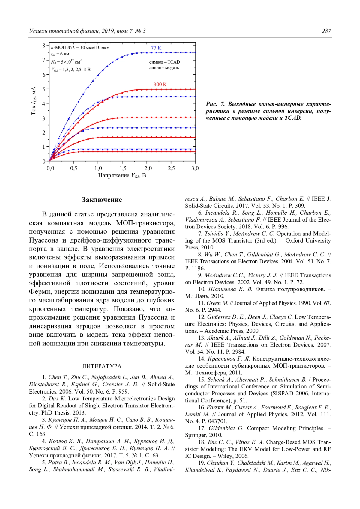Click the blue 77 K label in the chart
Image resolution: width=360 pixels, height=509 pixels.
click(x=156, y=48)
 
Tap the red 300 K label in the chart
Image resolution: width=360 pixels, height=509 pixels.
click(x=160, y=85)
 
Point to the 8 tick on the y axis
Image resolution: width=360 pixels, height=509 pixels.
click(x=44, y=46)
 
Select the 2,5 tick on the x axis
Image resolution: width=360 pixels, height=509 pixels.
click(x=171, y=168)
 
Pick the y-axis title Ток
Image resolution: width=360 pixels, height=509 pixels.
click(x=34, y=109)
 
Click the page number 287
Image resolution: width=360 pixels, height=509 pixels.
click(x=326, y=31)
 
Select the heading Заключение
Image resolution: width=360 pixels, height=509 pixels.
click(x=102, y=200)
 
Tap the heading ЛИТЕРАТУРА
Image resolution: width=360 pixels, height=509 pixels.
click(x=102, y=366)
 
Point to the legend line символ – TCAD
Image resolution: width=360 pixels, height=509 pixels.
click(x=164, y=62)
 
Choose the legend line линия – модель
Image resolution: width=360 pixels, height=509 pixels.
click(x=164, y=68)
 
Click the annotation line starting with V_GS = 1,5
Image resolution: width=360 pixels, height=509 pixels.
click(x=71, y=70)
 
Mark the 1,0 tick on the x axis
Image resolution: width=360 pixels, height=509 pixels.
click(x=98, y=168)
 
